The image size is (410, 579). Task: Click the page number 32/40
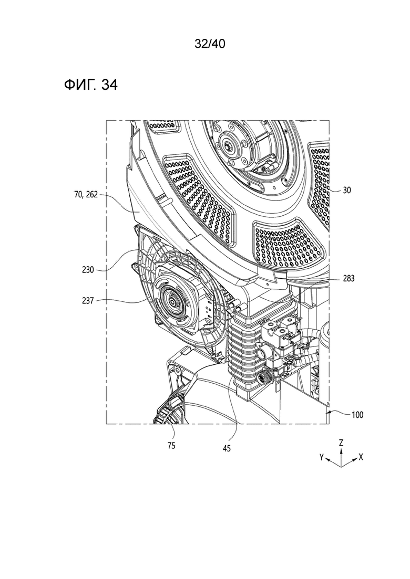210,44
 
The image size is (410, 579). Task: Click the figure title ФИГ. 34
91,85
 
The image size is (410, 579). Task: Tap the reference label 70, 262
86,194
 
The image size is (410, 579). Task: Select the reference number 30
346,191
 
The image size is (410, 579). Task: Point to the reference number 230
88,270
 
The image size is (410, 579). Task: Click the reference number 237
88,301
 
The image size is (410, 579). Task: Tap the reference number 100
357,415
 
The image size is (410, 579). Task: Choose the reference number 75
171,446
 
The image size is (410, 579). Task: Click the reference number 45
227,449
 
